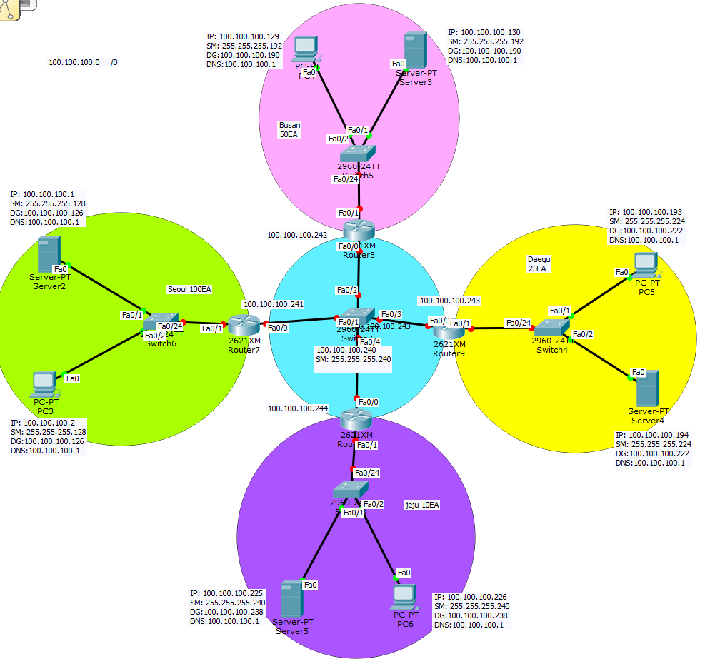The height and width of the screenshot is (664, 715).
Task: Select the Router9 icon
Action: pos(447,330)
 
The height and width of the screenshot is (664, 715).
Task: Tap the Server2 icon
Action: pos(49,253)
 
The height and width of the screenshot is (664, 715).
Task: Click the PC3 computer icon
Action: pos(44,384)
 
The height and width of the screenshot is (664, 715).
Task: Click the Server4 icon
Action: pos(647,388)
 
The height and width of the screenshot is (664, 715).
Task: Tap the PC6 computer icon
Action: pos(405,595)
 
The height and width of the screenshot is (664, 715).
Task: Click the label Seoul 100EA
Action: pos(189,289)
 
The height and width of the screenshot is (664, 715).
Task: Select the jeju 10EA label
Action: pos(422,505)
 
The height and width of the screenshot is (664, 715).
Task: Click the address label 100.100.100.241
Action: pos(274,304)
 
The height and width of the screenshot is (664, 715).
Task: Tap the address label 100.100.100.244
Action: pos(298,408)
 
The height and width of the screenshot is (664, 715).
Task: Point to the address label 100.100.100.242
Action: pos(297,234)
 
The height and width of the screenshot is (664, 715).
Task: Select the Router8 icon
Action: pos(357,230)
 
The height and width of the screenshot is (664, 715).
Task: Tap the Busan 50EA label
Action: pos(289,129)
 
